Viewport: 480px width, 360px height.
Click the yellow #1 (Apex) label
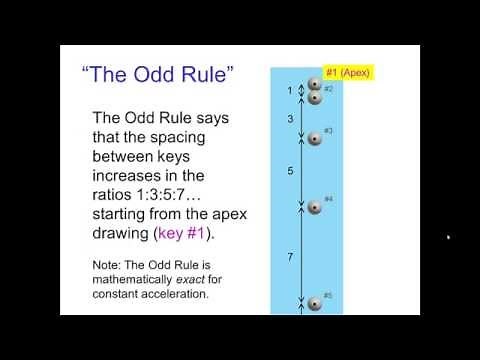(346, 73)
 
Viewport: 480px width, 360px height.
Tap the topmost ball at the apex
(314, 85)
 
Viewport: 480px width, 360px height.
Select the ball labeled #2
(314, 97)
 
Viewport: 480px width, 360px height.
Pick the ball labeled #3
(314, 139)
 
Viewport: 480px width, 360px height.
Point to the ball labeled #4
(314, 207)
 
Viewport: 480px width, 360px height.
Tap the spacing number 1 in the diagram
(290, 91)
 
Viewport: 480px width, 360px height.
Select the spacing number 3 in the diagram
(290, 119)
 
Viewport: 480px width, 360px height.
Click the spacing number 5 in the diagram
(290, 172)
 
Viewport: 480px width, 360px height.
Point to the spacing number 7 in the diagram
(290, 257)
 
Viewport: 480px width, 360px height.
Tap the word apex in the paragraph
(218, 214)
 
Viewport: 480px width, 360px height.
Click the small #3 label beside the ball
(328, 131)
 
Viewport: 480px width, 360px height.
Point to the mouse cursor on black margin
(448, 237)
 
